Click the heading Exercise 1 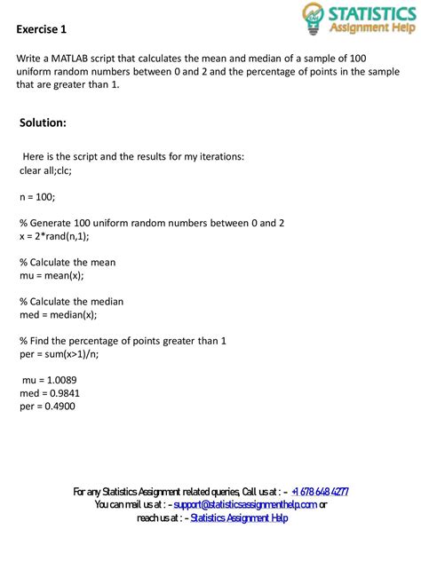coord(42,29)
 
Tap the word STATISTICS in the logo coord(367,12)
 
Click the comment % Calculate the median coord(71,301)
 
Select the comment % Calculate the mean coord(67,262)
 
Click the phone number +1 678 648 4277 coord(319,491)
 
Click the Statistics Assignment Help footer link coord(239,518)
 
